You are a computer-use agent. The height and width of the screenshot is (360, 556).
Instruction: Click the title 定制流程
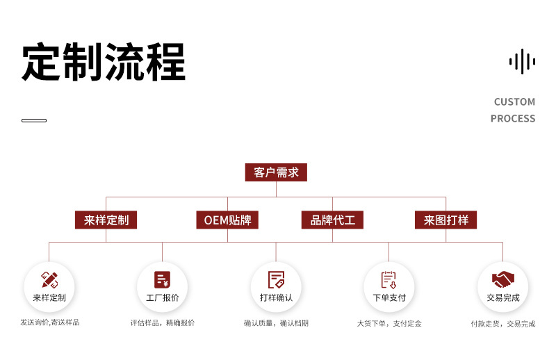104,63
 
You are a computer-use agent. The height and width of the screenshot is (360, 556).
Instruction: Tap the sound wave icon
522,61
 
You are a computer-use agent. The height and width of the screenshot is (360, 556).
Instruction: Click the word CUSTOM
514,102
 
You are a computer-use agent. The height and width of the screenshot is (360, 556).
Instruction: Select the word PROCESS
513,118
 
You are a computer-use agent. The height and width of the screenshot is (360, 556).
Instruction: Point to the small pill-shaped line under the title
34,121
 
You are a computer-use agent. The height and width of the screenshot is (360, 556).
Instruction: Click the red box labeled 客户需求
276,172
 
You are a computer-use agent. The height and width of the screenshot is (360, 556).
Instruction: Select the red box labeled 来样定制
106,220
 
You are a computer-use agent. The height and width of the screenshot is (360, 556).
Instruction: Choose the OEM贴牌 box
227,220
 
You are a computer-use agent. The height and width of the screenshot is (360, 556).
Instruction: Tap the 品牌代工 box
332,220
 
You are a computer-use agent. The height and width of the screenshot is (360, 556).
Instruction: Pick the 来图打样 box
446,220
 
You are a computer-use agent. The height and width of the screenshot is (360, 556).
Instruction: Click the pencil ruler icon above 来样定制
49,279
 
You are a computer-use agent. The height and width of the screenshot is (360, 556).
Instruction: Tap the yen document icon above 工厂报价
162,279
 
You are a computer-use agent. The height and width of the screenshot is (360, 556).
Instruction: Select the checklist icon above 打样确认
276,279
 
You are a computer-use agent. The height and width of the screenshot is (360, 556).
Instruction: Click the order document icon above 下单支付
389,279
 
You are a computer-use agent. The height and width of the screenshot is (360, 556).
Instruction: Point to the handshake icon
502,279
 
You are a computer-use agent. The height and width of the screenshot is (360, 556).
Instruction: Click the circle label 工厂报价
162,298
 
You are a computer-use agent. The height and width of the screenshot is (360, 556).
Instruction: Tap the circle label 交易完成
502,298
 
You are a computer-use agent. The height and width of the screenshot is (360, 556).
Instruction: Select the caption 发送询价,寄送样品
49,322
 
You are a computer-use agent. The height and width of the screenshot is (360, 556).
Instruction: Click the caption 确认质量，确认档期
276,323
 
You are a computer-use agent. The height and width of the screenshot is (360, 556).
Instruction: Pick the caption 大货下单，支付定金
389,323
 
